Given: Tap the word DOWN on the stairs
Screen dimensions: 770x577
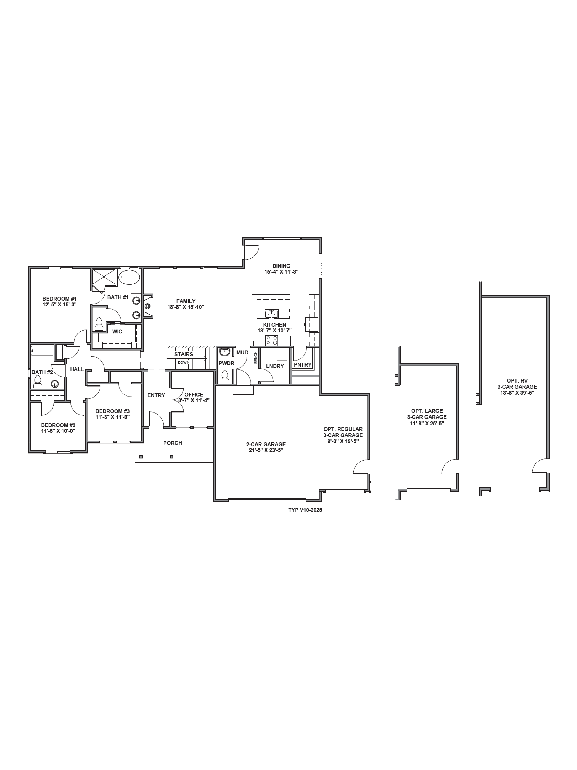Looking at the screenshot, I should pyautogui.click(x=184, y=362).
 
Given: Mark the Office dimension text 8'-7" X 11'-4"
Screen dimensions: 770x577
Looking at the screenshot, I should pyautogui.click(x=194, y=400).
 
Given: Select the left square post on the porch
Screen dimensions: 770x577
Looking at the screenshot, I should pyautogui.click(x=141, y=457).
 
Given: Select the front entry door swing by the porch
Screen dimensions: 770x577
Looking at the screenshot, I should pyautogui.click(x=156, y=420).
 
